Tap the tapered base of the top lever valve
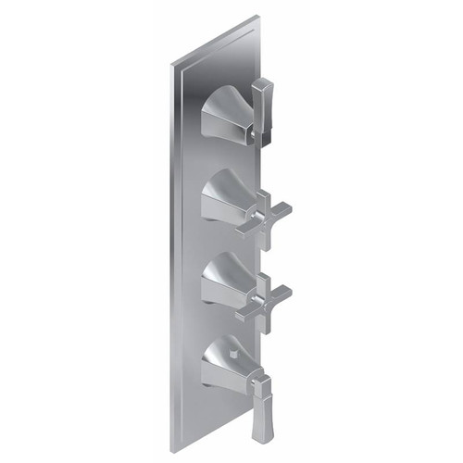click(x=222, y=113)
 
